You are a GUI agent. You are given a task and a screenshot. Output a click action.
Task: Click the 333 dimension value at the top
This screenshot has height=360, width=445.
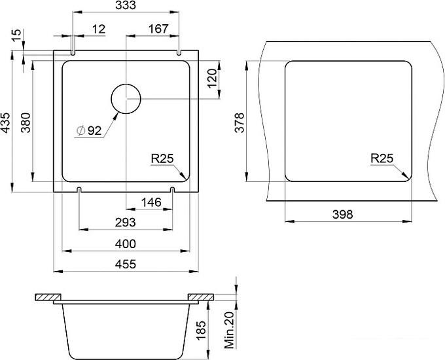[x=126, y=5]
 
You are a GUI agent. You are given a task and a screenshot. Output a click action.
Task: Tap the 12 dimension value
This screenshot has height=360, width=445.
[x=99, y=29]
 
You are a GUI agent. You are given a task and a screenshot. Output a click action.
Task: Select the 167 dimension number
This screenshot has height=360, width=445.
[x=158, y=29]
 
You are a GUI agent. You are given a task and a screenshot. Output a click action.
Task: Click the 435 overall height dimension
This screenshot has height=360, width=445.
[x=6, y=122]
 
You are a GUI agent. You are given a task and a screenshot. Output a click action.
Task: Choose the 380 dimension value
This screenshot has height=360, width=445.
[x=26, y=122]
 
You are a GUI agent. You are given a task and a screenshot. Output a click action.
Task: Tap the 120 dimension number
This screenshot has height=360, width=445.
[x=212, y=79]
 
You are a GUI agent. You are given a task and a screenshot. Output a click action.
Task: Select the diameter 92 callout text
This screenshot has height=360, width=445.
[x=89, y=131]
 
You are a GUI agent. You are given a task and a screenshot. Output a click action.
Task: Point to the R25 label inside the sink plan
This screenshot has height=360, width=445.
[x=162, y=158]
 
